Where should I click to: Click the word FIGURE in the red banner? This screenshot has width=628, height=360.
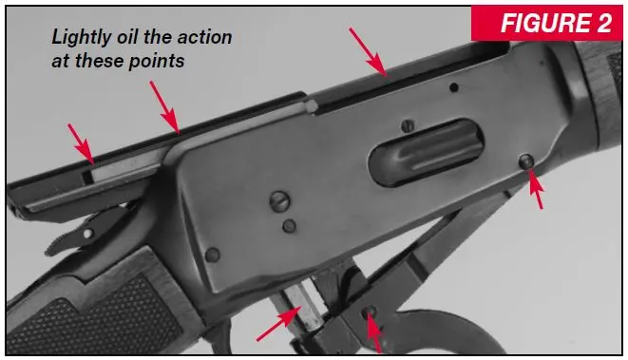[544, 23]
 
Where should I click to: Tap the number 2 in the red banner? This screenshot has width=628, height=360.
[604, 23]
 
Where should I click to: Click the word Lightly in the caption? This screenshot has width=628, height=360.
[82, 38]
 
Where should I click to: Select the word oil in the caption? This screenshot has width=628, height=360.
[128, 37]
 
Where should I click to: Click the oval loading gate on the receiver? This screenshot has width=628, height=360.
[427, 152]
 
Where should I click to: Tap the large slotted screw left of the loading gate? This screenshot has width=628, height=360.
[279, 201]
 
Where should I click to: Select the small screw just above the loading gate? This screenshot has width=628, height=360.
[408, 126]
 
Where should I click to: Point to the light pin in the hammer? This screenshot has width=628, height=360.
[87, 233]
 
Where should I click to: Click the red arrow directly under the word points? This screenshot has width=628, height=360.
[164, 107]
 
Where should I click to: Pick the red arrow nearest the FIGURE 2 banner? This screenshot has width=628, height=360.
[368, 51]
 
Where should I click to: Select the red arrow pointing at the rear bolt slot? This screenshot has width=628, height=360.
[81, 143]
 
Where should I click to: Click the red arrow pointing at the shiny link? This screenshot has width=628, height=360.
[279, 324]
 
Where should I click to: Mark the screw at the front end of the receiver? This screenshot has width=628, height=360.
[526, 161]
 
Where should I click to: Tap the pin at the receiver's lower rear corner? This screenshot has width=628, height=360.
[212, 255]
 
